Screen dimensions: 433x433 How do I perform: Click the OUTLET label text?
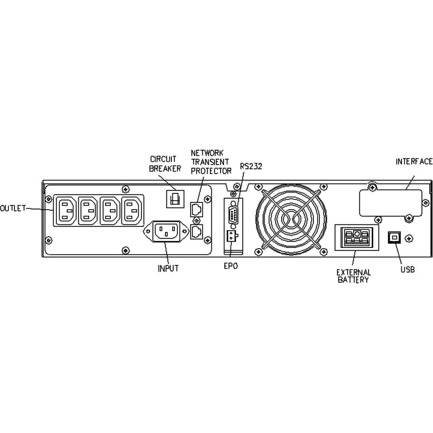pos(13,208)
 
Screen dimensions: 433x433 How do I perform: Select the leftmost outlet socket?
pos(66,210)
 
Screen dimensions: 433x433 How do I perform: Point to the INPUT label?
pos(168,268)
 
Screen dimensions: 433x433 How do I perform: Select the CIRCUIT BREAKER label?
pos(165,164)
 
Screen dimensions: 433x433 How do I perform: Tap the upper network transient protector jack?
pos(196,209)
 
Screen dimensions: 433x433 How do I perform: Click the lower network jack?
pos(196,232)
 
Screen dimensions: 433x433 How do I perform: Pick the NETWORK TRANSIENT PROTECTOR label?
pos(211,162)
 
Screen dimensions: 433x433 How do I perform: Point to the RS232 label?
pos(251,166)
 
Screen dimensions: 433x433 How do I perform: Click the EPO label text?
pos(230,266)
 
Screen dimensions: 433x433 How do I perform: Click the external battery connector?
pos(357,237)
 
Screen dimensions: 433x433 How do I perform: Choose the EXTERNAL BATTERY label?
pos(354,276)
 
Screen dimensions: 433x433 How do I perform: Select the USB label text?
pos(407,269)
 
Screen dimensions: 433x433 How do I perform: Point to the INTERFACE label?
pos(414,161)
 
